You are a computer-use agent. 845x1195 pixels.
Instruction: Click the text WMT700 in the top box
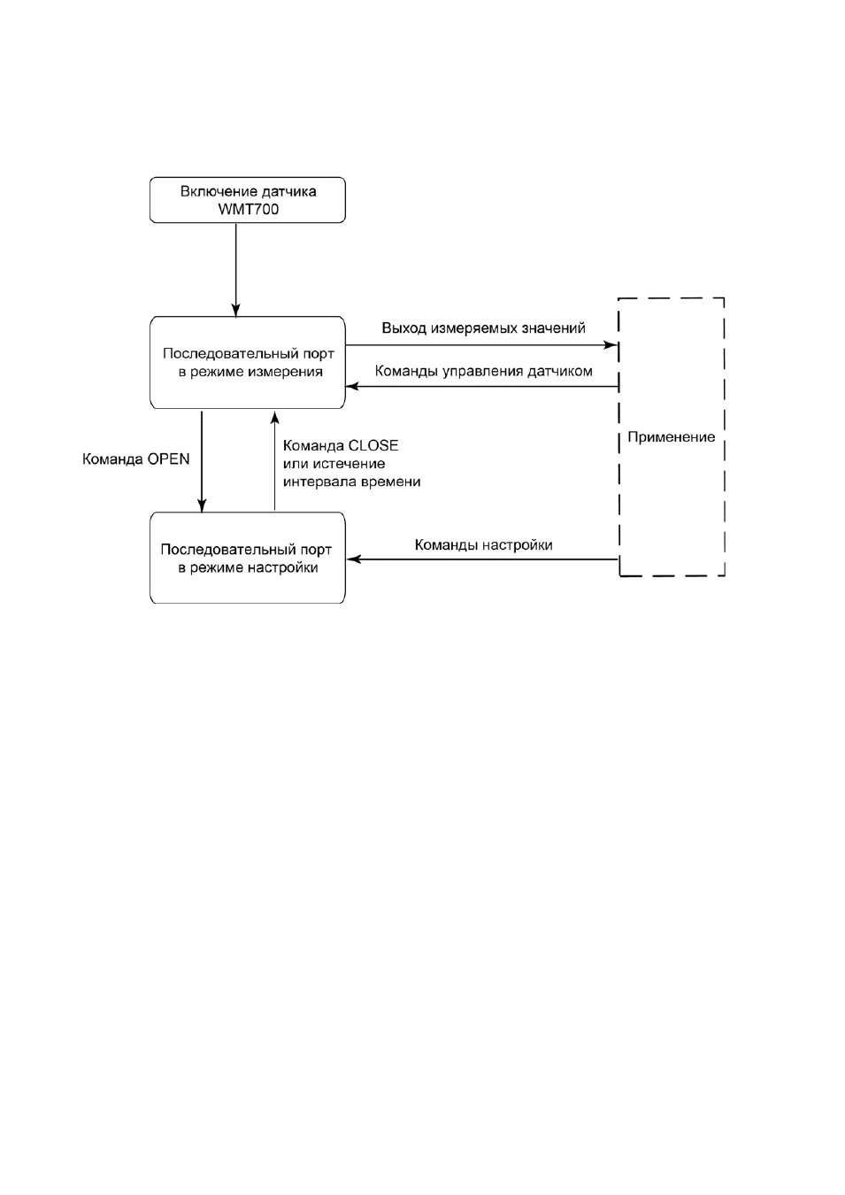click(x=248, y=209)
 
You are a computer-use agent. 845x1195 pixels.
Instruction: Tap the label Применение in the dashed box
click(x=671, y=437)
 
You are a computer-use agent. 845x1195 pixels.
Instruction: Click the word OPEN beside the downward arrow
click(x=168, y=459)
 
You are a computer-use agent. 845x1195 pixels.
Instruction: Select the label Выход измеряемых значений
click(x=483, y=328)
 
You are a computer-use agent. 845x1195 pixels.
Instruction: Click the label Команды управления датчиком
click(x=483, y=371)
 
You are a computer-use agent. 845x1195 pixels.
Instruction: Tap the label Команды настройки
click(x=483, y=544)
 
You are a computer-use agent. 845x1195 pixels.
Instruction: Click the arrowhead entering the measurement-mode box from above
click(x=235, y=311)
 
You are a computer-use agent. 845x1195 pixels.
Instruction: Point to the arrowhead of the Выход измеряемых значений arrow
click(x=610, y=345)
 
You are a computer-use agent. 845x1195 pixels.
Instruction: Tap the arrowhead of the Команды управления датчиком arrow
click(x=352, y=387)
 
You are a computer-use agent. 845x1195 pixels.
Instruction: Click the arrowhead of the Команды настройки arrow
click(x=354, y=559)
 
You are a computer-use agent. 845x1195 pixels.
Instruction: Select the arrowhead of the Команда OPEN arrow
click(x=202, y=505)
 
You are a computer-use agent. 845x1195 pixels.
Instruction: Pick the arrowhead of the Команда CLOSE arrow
click(x=274, y=417)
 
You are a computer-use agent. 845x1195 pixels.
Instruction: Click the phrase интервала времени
click(x=352, y=482)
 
